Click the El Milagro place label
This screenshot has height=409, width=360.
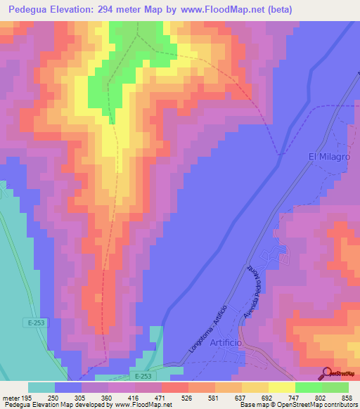click(x=329, y=157)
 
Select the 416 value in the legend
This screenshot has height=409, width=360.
click(x=135, y=397)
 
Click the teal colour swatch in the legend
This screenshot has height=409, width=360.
click(x=41, y=387)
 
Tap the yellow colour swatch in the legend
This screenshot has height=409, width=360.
click(x=282, y=387)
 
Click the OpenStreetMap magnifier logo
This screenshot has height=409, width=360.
click(x=326, y=374)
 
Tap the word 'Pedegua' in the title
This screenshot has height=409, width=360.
click(x=30, y=9)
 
